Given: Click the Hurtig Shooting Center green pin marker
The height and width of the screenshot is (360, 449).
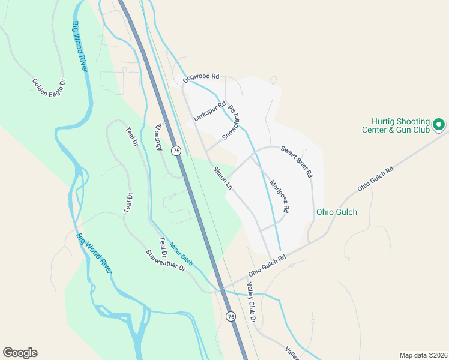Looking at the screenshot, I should (x=438, y=125).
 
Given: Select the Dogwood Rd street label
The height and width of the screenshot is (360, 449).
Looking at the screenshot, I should (x=202, y=77).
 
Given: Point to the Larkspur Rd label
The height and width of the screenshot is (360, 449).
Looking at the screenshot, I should (x=209, y=112).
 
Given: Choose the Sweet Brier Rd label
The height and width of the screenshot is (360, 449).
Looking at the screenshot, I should (x=297, y=161).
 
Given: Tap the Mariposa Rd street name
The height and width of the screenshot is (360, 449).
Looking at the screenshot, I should (x=279, y=196).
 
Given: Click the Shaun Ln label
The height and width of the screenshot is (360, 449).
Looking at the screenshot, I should (x=222, y=178).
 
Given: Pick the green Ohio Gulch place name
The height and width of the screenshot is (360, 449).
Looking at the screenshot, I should (x=337, y=212).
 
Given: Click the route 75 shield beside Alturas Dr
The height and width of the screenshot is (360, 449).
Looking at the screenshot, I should (x=176, y=151).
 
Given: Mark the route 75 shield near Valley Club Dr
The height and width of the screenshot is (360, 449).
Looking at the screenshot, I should (x=231, y=316).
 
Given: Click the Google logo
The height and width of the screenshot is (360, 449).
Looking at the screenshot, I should (x=20, y=353).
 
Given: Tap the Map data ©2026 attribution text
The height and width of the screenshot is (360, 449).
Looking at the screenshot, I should (x=423, y=355).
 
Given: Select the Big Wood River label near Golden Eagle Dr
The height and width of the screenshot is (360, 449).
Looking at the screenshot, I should (x=79, y=47).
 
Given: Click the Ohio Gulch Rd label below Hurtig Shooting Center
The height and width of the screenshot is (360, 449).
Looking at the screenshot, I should (x=375, y=179).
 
